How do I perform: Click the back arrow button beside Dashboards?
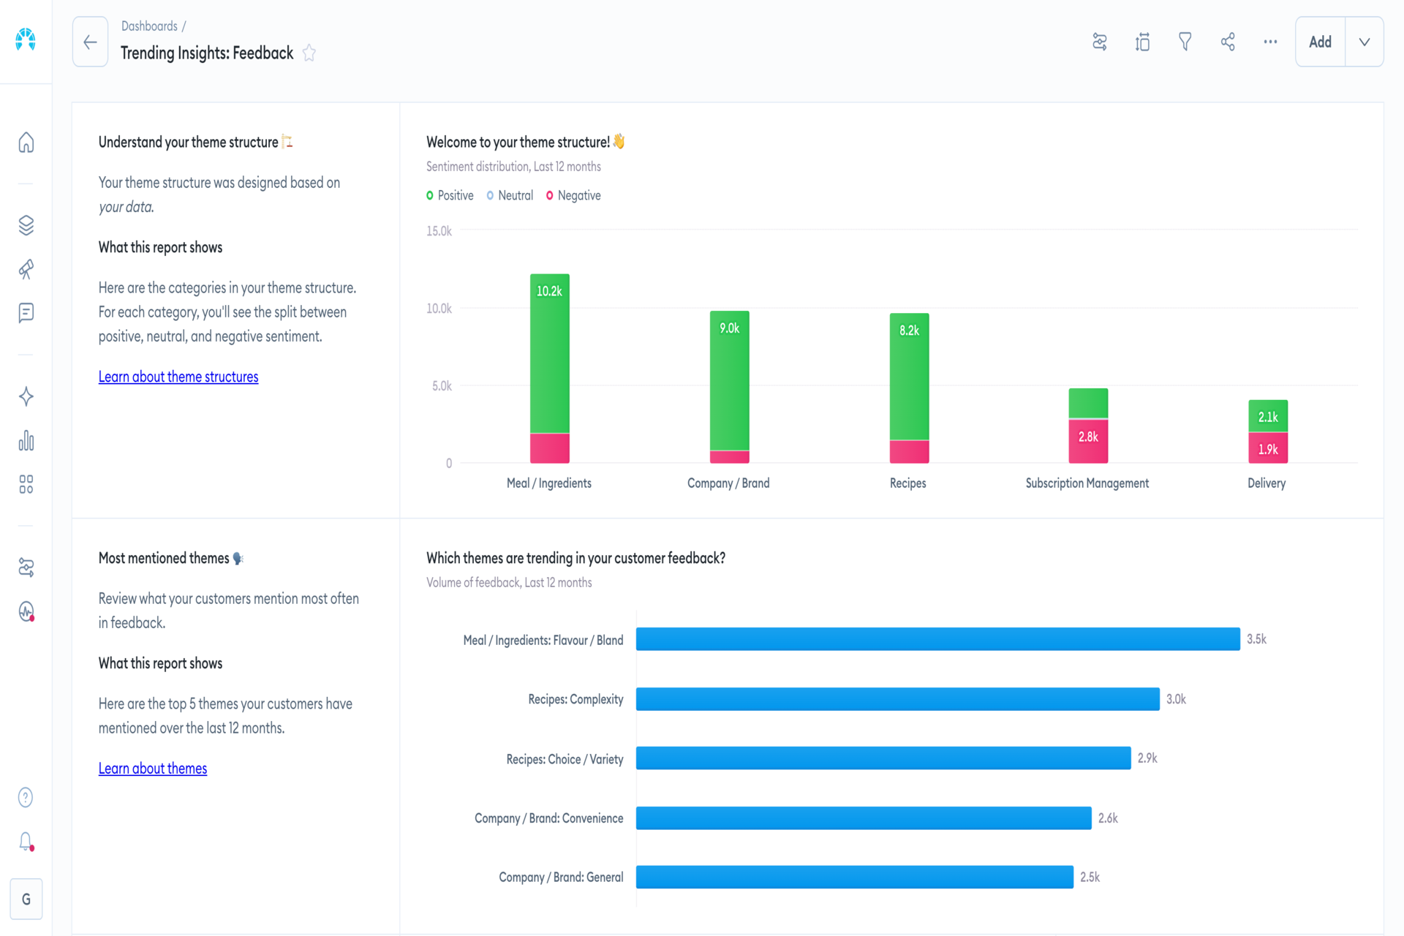click(90, 42)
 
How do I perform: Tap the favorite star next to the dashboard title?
click(309, 53)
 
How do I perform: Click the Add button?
click(1320, 42)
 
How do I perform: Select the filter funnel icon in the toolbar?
click(1185, 42)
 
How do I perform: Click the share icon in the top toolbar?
click(1228, 42)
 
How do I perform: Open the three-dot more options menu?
click(1271, 42)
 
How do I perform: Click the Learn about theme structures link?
click(178, 377)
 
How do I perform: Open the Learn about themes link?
click(153, 769)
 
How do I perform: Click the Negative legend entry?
click(573, 195)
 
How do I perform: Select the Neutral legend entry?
click(510, 195)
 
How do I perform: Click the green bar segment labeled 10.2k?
click(550, 353)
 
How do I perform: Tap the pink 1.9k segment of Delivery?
click(1268, 448)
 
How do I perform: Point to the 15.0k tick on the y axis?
click(439, 231)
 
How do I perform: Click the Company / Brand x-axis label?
click(728, 483)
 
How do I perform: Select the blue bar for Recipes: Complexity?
click(898, 699)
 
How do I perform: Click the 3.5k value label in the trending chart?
click(1257, 639)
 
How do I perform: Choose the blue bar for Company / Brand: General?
click(855, 877)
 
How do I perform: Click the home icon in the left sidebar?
click(26, 142)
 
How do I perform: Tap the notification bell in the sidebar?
click(26, 842)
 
